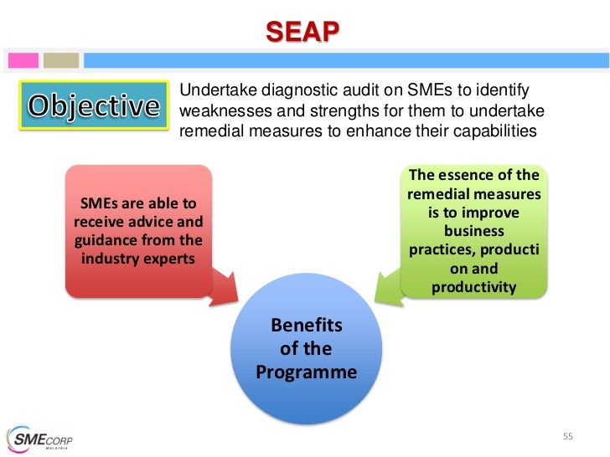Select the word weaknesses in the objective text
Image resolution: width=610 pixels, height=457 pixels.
220,111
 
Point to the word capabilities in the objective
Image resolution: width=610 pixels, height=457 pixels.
493,132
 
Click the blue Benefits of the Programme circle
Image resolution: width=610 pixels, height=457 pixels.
307,352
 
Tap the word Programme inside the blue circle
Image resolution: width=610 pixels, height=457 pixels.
307,372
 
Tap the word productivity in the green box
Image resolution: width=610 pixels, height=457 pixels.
474,287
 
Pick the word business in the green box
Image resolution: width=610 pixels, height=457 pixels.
474,231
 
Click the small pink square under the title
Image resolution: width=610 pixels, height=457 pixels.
23,60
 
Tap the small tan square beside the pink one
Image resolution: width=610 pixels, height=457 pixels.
61,60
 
